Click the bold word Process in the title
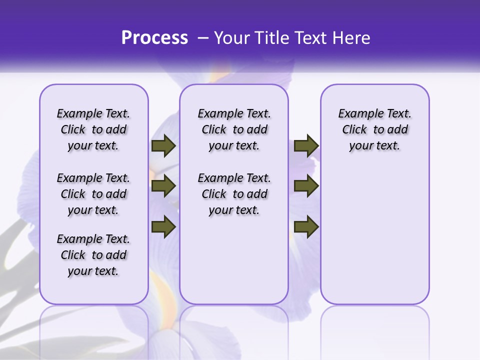tap(154, 38)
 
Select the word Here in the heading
tap(352, 38)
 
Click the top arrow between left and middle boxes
tap(163, 146)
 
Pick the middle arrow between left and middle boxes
tap(163, 186)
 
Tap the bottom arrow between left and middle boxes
tap(163, 226)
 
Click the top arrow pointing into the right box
tap(306, 146)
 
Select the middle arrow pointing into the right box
tap(306, 186)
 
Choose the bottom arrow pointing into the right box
tap(306, 226)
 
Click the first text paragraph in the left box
tap(93, 129)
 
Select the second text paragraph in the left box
tap(93, 194)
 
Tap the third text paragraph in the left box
tap(93, 255)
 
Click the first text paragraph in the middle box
tap(234, 129)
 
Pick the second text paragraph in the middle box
tap(234, 194)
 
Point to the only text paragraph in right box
tap(374, 129)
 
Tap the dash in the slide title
tap(203, 38)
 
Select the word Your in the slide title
tap(230, 38)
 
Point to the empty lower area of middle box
tap(234, 260)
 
